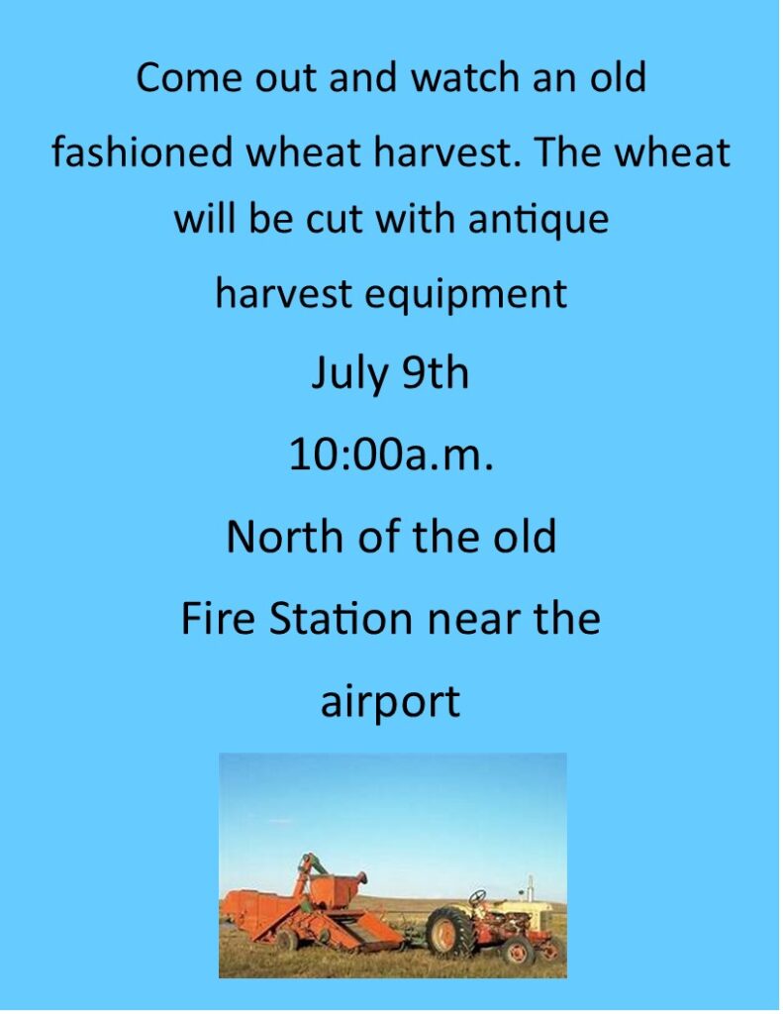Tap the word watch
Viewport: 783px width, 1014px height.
(465, 77)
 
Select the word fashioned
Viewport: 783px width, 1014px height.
(142, 152)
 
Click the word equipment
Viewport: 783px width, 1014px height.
(465, 295)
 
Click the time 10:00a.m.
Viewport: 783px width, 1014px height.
(391, 455)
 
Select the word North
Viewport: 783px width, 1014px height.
(285, 536)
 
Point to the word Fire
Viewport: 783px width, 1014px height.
(218, 618)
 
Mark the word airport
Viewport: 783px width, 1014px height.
(391, 702)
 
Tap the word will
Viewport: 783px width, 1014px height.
(205, 219)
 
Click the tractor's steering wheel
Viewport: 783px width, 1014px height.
(477, 897)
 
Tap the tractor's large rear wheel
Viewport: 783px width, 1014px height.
(447, 932)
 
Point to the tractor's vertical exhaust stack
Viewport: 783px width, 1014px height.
(531, 888)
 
